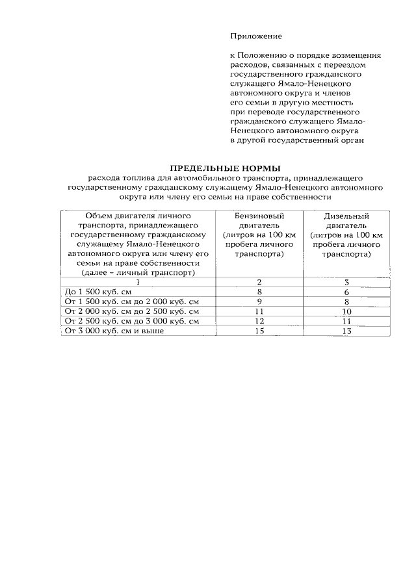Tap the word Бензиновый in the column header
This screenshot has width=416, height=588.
click(x=259, y=216)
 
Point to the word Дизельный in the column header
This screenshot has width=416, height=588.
click(x=346, y=216)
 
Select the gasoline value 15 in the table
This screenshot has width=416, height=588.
click(x=259, y=331)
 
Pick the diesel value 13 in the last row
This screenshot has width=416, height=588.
click(x=346, y=331)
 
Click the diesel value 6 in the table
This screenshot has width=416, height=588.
click(x=346, y=292)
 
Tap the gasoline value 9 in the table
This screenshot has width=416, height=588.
click(x=259, y=302)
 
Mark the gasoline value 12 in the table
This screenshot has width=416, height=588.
click(x=259, y=322)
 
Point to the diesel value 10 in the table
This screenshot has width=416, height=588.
click(x=346, y=312)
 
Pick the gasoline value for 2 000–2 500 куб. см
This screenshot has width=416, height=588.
click(x=259, y=312)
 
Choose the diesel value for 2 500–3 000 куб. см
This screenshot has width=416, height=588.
click(x=346, y=322)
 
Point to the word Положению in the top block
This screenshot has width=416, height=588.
click(x=261, y=56)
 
